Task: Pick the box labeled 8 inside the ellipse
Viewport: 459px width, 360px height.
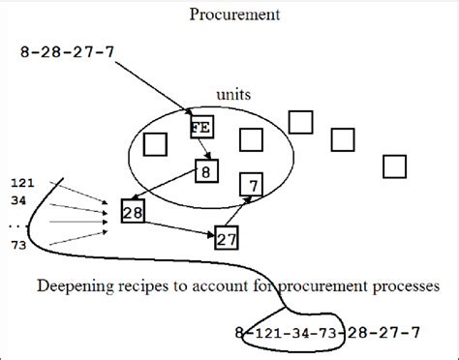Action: pos(204,172)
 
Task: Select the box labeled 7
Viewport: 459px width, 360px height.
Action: pos(252,184)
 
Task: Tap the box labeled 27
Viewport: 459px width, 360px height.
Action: pos(226,235)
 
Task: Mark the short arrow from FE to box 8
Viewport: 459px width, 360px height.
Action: pos(203,148)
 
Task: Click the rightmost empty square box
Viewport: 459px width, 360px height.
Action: pos(393,166)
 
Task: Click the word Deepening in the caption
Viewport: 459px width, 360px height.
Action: pos(76,286)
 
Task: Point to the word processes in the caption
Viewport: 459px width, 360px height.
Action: pos(406,286)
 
